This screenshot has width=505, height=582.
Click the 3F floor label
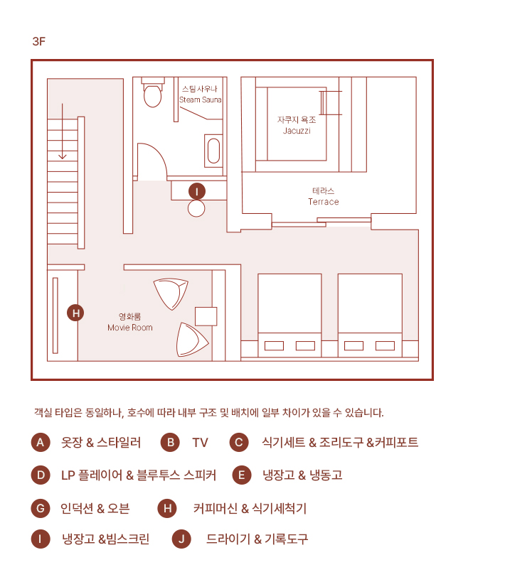click(38, 41)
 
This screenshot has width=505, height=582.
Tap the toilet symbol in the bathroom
click(153, 92)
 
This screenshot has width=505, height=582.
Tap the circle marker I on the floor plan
click(197, 192)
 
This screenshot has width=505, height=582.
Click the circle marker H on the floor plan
click(75, 313)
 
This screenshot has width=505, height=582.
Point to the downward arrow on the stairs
click(63, 131)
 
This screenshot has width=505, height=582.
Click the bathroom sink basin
click(213, 151)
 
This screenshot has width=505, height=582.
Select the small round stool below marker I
click(196, 209)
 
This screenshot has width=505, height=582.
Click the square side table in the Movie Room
click(206, 316)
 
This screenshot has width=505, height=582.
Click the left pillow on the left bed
click(275, 346)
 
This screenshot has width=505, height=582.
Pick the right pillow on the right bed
click(385, 346)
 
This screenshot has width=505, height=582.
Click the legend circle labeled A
click(41, 443)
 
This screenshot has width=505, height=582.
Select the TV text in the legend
click(200, 443)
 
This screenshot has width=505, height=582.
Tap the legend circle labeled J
click(181, 539)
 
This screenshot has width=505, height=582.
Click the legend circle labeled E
click(242, 475)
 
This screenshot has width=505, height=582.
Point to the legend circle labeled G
click(41, 508)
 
